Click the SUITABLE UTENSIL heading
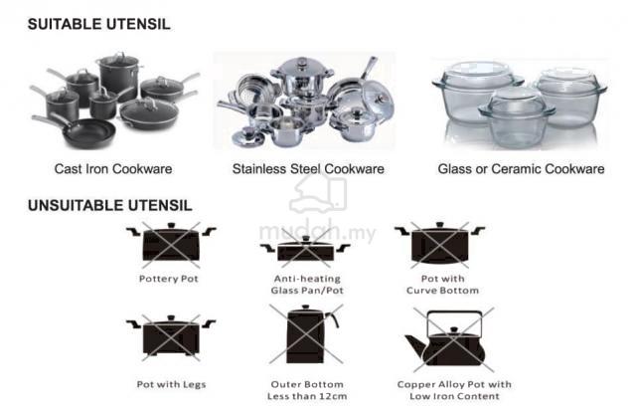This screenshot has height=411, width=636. pyautogui.click(x=99, y=24)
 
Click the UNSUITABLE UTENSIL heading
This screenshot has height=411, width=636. pyautogui.click(x=110, y=205)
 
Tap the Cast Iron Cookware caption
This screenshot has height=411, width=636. pyautogui.click(x=113, y=169)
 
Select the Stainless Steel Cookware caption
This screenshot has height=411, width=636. pyautogui.click(x=308, y=169)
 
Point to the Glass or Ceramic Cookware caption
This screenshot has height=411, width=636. pyautogui.click(x=521, y=169)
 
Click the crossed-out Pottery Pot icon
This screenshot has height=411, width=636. pyautogui.click(x=171, y=245)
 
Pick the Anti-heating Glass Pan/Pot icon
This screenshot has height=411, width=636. pyautogui.click(x=305, y=248)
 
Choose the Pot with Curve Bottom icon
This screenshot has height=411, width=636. pyautogui.click(x=440, y=245)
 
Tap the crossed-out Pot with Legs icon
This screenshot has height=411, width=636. pyautogui.click(x=171, y=337)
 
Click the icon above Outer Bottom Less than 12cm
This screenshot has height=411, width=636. pyautogui.click(x=306, y=334)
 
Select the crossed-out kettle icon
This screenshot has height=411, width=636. pyautogui.click(x=450, y=339)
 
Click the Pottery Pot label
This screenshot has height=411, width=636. pyautogui.click(x=168, y=279)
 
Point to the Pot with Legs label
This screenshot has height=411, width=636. pyautogui.click(x=171, y=384)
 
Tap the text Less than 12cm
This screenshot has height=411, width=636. pyautogui.click(x=307, y=396)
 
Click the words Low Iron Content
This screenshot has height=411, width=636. pyautogui.click(x=454, y=396)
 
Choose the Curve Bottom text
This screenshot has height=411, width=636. pyautogui.click(x=442, y=291)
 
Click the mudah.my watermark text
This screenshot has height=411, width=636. pyautogui.click(x=317, y=233)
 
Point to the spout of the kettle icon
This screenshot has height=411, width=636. pyautogui.click(x=414, y=344)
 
